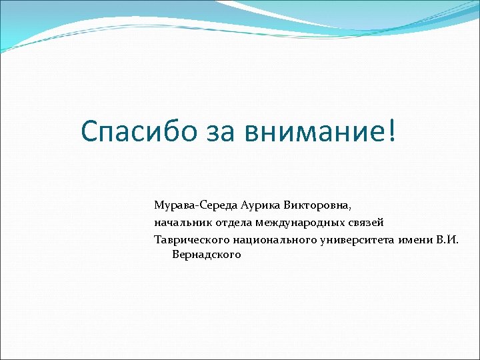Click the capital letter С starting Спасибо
[90, 132]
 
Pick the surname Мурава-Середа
[193, 205]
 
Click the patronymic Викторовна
[321, 205]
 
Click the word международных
[299, 222]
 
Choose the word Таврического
[192, 239]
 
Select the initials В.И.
[448, 239]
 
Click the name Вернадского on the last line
[207, 255]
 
